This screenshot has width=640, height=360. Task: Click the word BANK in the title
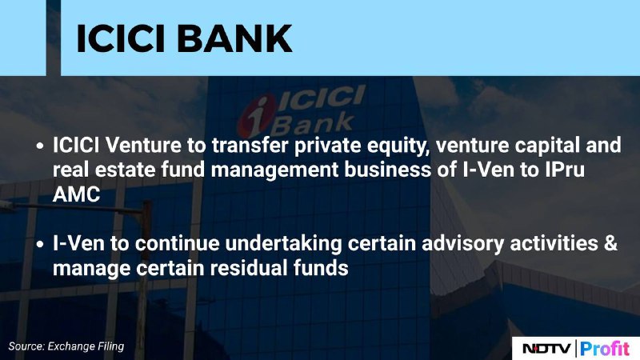pyautogui.click(x=234, y=38)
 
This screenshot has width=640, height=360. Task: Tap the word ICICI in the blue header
pyautogui.click(x=121, y=38)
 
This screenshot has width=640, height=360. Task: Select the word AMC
pyautogui.click(x=76, y=194)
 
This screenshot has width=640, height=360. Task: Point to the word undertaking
pyautogui.click(x=284, y=245)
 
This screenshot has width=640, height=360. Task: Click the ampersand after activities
pyautogui.click(x=610, y=244)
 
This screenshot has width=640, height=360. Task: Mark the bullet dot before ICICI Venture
pyautogui.click(x=39, y=146)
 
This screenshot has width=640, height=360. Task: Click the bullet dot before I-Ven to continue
pyautogui.click(x=39, y=244)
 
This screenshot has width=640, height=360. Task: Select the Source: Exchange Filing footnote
pyautogui.click(x=66, y=346)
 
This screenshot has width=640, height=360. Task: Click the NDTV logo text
pyautogui.click(x=547, y=349)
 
